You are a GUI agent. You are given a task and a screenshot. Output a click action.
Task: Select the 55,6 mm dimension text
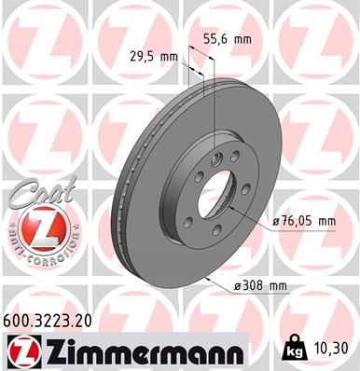(x=228, y=40)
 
